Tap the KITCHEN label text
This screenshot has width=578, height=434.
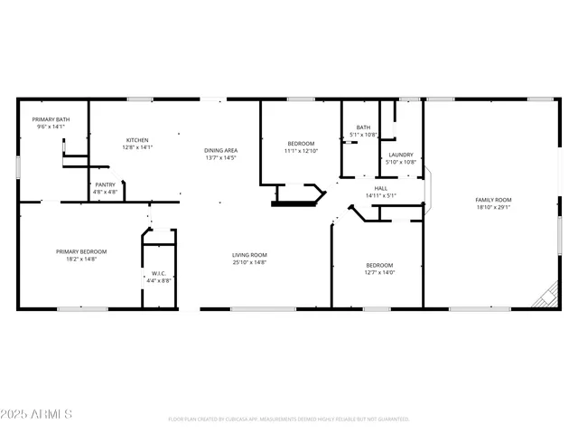(137, 140)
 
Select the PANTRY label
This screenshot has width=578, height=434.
(105, 184)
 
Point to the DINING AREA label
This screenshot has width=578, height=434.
(220, 150)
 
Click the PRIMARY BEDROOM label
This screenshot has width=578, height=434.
(81, 251)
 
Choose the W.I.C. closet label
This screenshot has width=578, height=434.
(159, 273)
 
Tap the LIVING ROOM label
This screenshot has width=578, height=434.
(249, 255)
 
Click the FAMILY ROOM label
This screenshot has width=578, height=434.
(494, 199)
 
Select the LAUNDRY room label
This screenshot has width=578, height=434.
(401, 155)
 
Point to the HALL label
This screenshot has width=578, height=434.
(381, 188)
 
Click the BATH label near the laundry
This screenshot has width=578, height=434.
(363, 127)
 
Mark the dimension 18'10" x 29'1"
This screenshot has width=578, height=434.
(494, 207)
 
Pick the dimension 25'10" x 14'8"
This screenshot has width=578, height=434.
(249, 263)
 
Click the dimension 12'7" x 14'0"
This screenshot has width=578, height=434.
(379, 272)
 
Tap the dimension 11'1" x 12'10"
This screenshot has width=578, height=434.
(302, 152)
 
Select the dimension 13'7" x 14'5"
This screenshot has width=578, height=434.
(220, 158)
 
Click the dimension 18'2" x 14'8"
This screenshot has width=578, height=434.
(81, 259)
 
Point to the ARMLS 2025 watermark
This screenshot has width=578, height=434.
(37, 413)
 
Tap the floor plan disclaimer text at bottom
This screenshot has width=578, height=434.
(289, 420)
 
